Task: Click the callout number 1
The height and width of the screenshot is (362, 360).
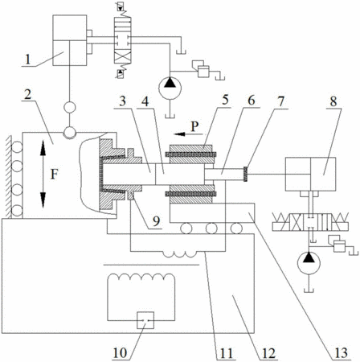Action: [x=27, y=60]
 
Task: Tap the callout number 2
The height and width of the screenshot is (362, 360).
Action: [x=27, y=94]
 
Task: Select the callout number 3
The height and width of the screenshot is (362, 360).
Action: [x=122, y=101]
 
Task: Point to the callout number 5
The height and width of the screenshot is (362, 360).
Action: [x=225, y=100]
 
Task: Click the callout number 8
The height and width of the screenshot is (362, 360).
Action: [x=333, y=101]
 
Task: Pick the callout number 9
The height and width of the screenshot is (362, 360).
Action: [x=156, y=221]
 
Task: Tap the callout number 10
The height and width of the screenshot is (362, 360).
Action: [x=120, y=353]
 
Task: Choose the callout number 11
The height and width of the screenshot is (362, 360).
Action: [x=227, y=353]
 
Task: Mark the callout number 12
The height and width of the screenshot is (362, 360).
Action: [x=268, y=353]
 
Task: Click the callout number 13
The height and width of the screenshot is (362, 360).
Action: [x=341, y=353]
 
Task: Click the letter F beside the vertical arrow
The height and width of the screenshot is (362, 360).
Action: [x=54, y=175]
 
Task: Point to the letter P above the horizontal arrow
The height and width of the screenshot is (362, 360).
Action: [x=194, y=126]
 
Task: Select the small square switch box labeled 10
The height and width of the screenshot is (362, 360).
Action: [x=145, y=320]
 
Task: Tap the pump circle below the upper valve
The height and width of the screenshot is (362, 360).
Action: [x=170, y=88]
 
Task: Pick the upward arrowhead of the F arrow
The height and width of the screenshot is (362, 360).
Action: [x=43, y=148]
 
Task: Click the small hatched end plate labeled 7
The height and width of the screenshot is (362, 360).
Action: [x=245, y=174]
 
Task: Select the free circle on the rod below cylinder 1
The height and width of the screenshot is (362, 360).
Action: [x=70, y=108]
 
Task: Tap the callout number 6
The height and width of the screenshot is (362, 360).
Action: [x=252, y=101]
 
